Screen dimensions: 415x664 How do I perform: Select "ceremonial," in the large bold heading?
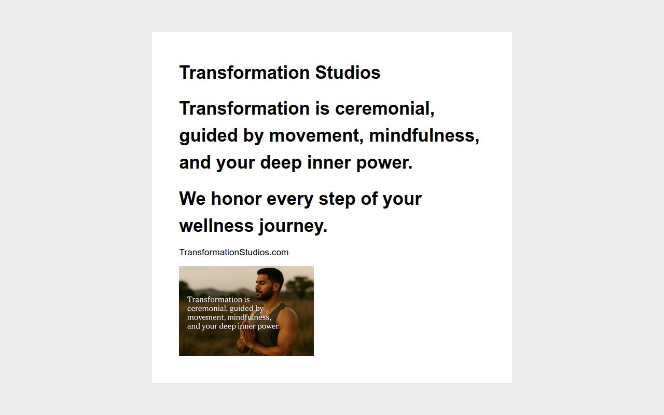click(x=384, y=108)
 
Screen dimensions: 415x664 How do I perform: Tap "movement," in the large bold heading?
click(x=316, y=135)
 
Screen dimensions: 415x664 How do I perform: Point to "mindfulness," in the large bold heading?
click(x=424, y=135)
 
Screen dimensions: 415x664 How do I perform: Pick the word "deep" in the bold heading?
click(x=281, y=162)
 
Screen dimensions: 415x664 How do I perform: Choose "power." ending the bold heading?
click(x=384, y=162)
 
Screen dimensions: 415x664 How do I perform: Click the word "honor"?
click(x=236, y=199)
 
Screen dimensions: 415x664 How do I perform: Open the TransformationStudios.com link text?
click(x=233, y=252)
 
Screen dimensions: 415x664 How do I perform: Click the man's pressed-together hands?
click(x=246, y=340)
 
